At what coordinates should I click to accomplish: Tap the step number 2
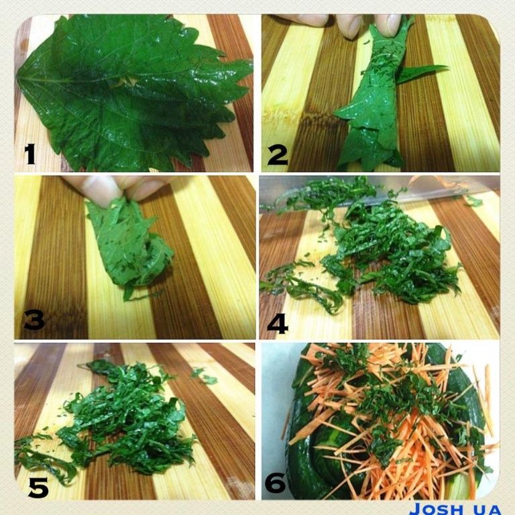278,155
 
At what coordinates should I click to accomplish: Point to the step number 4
278,323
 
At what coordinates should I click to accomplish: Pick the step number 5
38,488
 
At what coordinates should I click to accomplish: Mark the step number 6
275,482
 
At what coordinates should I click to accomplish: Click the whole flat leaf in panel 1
131,92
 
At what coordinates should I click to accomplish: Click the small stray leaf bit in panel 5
205,376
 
